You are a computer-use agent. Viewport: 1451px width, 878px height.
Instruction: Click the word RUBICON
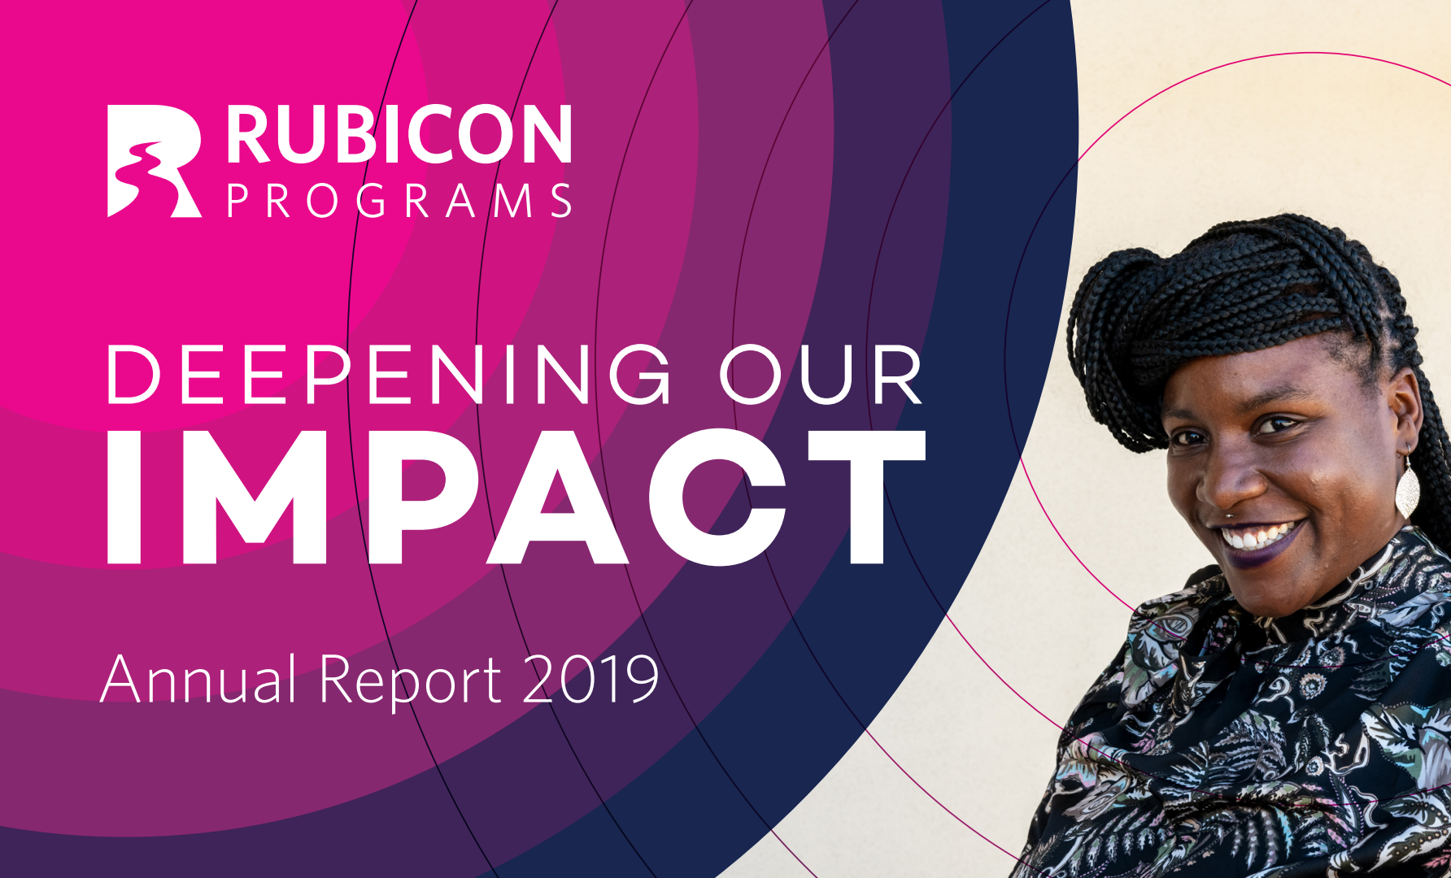(399, 134)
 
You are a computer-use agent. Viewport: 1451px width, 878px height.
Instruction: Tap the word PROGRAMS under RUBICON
(399, 201)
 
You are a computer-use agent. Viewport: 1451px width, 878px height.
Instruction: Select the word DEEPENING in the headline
(389, 375)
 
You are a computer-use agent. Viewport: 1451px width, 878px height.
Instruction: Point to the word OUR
(821, 375)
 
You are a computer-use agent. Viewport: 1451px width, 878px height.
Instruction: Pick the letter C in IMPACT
(717, 497)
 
